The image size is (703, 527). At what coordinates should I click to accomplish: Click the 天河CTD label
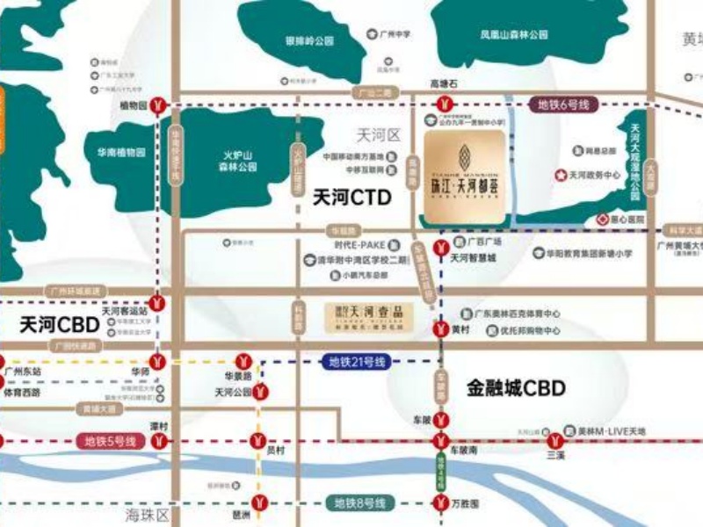tap(351, 199)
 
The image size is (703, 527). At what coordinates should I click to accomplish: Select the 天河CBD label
tap(61, 325)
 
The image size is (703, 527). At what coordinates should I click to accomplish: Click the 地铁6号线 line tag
tap(562, 105)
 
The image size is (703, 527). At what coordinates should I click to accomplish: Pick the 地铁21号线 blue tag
tap(358, 362)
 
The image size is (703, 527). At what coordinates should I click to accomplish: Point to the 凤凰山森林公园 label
tap(514, 35)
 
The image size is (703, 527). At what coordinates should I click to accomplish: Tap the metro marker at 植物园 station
tap(157, 105)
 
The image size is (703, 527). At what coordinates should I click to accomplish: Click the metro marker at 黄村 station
tap(440, 328)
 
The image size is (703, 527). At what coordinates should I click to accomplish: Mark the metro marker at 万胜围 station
tap(440, 503)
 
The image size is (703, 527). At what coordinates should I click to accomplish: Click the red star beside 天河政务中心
tap(561, 176)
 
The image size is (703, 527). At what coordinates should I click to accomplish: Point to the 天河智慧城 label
tap(474, 258)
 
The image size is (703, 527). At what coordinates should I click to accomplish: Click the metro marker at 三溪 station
tap(555, 441)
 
